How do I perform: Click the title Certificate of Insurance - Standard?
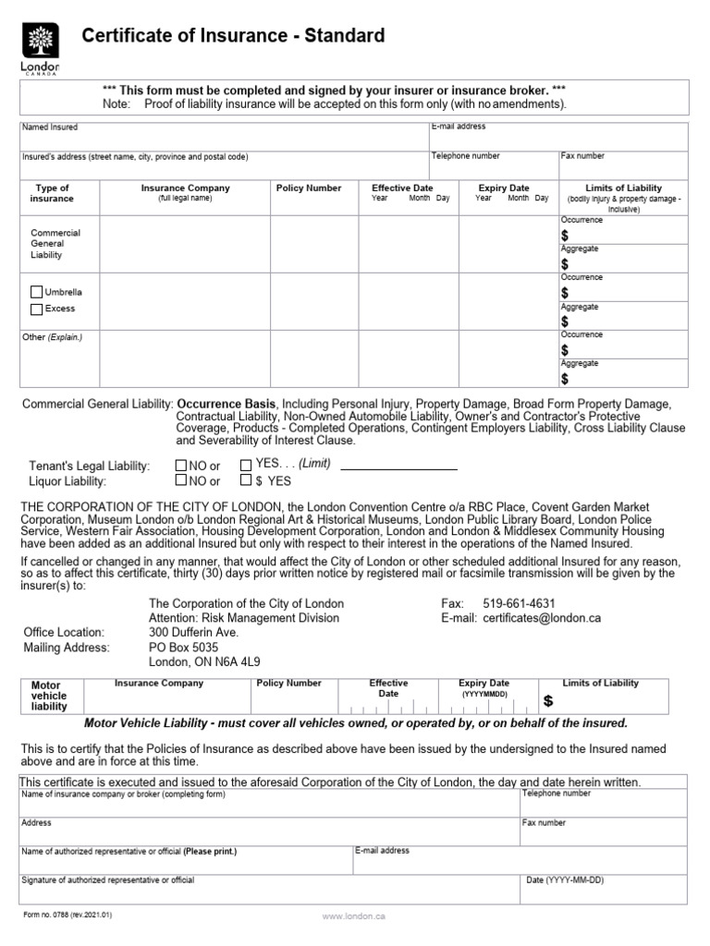point(233,36)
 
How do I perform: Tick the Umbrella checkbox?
point(37,292)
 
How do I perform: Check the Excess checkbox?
point(37,309)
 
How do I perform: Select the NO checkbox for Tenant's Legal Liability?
point(181,466)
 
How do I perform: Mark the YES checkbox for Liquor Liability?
point(246,480)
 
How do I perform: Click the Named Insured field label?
point(50,127)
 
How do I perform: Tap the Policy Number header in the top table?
point(309,188)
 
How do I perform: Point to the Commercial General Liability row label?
point(55,244)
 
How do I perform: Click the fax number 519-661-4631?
point(520,603)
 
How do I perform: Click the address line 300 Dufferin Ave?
point(194,632)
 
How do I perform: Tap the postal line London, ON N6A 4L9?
point(204,661)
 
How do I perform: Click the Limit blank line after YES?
point(398,468)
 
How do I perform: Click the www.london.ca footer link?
point(353,916)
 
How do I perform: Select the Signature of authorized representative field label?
point(107,880)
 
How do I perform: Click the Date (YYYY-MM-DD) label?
point(564,880)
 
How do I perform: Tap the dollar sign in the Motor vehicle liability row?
point(548,701)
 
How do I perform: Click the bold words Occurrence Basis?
point(226,405)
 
